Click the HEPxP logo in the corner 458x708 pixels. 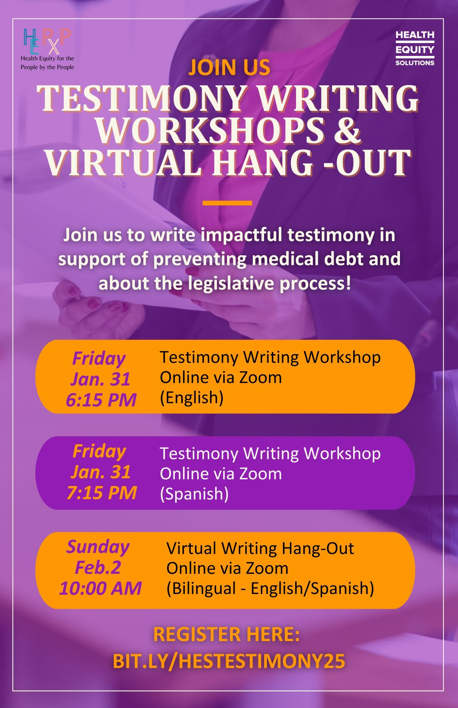pos(47,49)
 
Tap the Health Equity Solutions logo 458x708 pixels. pos(415,48)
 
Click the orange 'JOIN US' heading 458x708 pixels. pos(229,67)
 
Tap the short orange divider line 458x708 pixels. pos(227,203)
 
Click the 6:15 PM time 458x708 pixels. pos(101,400)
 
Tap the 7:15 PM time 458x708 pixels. pos(102,492)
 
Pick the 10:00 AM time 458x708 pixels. pos(100,588)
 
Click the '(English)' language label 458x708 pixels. pos(192,398)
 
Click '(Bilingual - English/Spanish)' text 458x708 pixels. pos(270,588)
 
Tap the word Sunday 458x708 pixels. pos(98,547)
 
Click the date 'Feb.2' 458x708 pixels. pos(98,567)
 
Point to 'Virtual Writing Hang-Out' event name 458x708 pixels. pos(260,548)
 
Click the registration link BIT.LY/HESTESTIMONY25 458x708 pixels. pos(229,661)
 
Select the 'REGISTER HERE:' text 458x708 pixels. pos(227,634)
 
